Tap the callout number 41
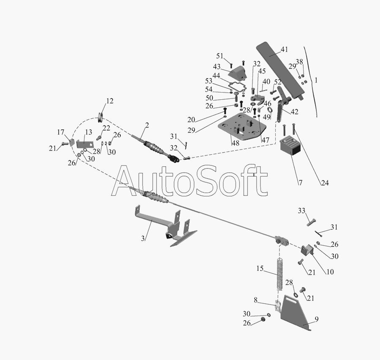(284, 49)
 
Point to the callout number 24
(324, 183)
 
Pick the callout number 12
(110, 101)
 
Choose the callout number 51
(220, 56)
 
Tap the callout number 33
(301, 210)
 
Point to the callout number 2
(147, 125)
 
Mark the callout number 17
(61, 133)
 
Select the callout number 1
(315, 80)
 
